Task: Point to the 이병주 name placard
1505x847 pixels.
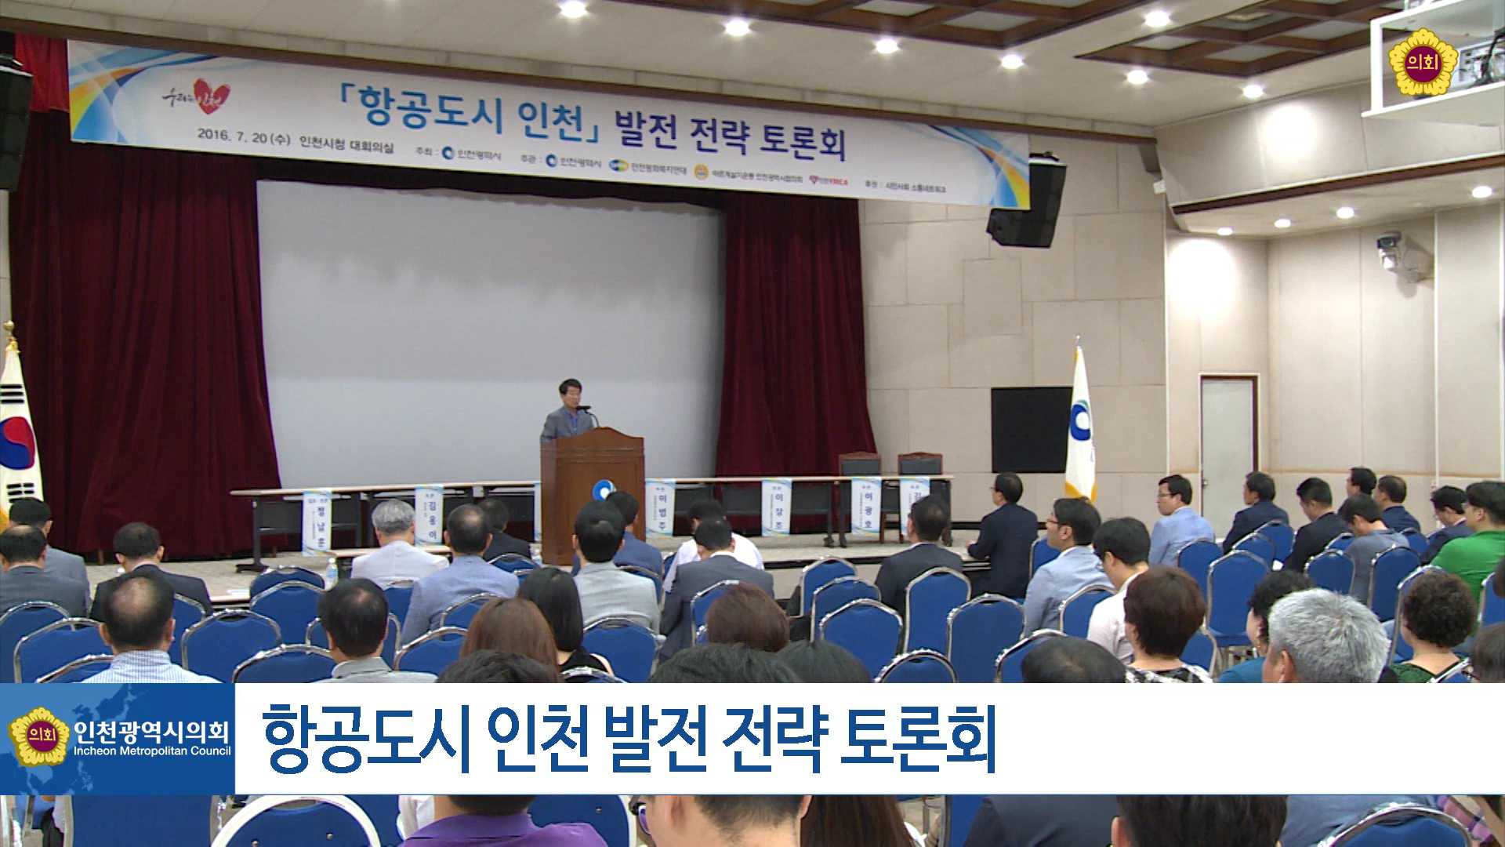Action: pos(659,506)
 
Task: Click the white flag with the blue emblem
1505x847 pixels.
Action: pos(1079,427)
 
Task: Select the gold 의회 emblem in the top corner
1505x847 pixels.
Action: pos(1422,64)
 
